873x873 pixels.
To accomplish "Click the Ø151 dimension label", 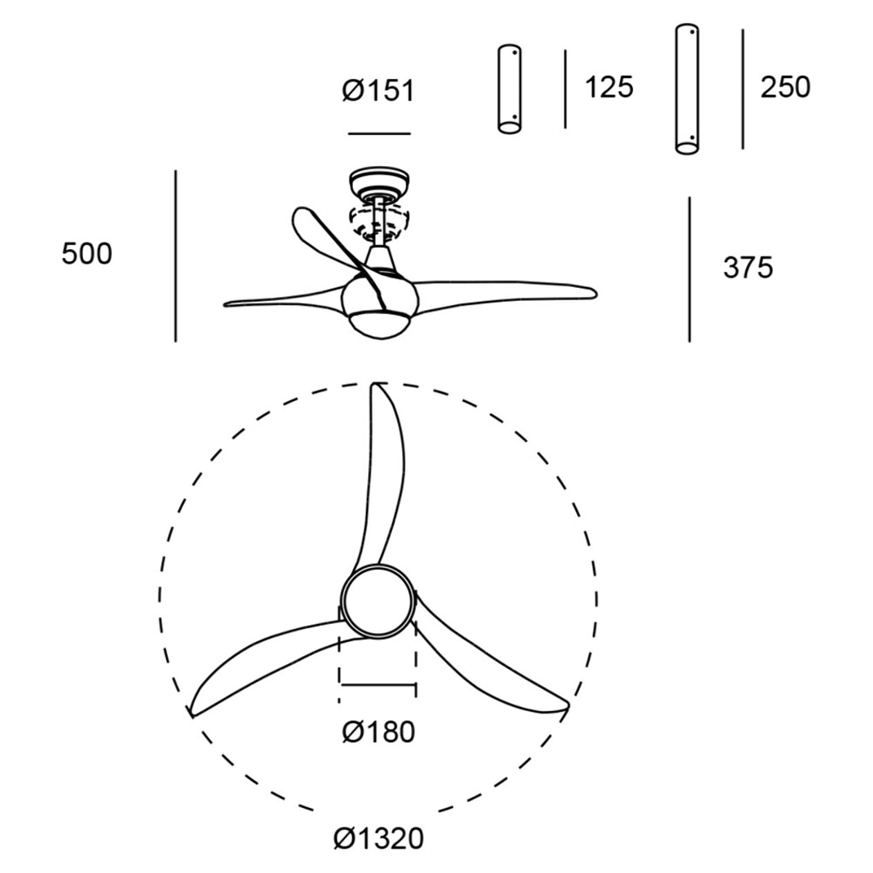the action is click(378, 91).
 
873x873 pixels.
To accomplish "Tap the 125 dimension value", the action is click(609, 87).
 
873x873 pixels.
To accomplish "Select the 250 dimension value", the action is click(785, 87).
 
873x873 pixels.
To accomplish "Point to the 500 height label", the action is click(86, 253).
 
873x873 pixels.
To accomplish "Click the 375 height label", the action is click(748, 267).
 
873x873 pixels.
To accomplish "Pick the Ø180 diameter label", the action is click(378, 732).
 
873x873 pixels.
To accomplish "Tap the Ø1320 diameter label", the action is click(378, 838).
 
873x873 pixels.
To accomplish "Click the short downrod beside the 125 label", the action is click(509, 89).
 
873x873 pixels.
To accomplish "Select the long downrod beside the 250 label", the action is click(687, 89).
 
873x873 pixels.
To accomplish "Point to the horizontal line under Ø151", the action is click(379, 134).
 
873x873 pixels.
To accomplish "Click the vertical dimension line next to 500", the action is click(176, 256).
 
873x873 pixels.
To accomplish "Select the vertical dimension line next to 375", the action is click(690, 269).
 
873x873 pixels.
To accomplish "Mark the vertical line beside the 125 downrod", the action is click(565, 89).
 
